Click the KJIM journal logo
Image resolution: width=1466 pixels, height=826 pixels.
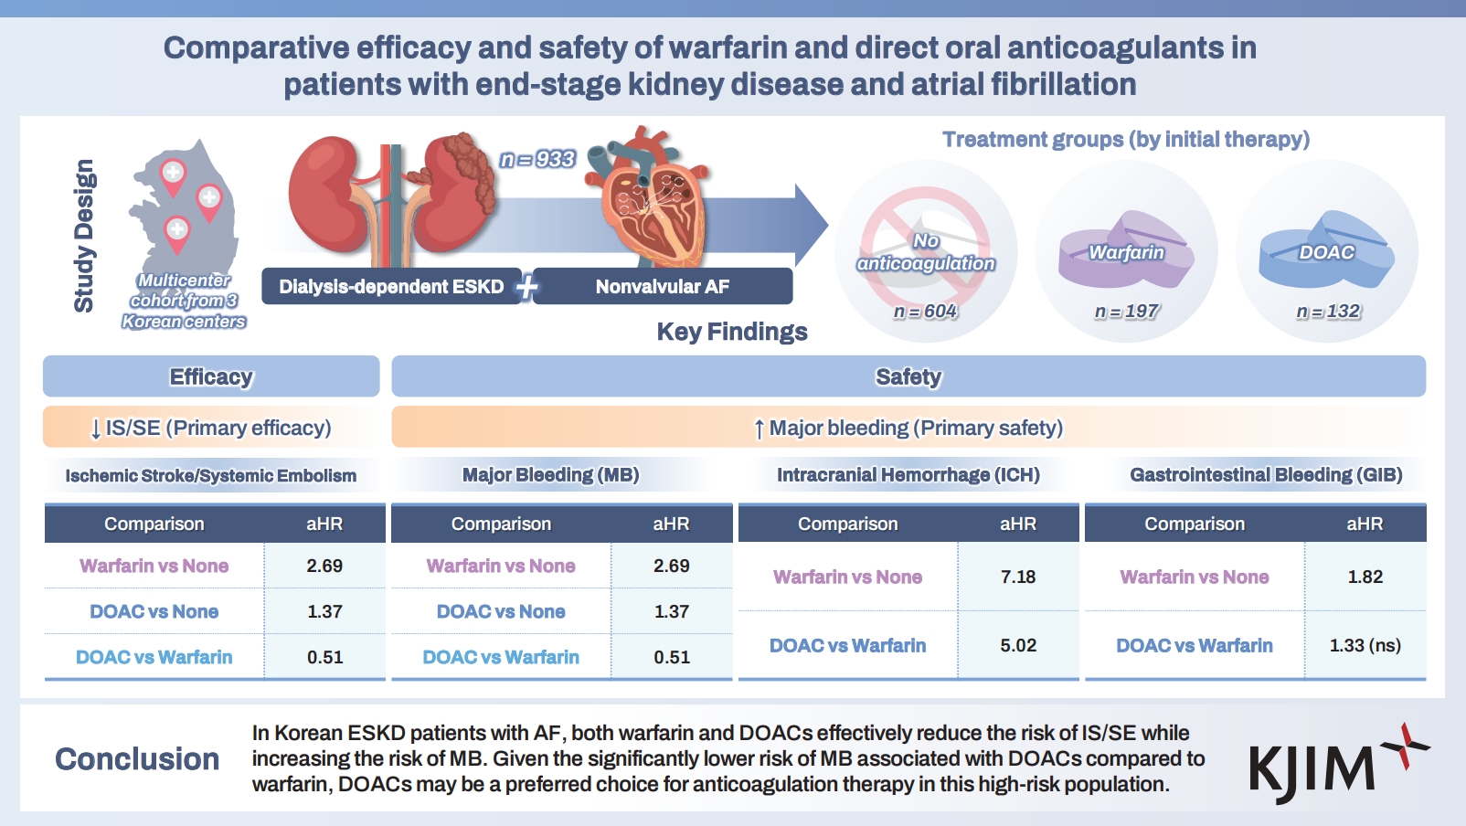[x=1334, y=762]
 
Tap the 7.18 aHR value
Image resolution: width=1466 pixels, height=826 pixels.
[x=1017, y=577]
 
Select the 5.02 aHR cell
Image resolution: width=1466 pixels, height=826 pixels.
[x=1017, y=645]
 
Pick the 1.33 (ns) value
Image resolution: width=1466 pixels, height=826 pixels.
[x=1365, y=645]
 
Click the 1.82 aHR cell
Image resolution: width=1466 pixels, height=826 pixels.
[x=1365, y=577]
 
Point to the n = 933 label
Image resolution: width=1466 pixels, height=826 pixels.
[x=537, y=159]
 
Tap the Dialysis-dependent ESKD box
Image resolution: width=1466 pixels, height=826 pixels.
[x=391, y=286]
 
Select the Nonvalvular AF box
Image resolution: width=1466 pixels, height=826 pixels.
[x=663, y=286]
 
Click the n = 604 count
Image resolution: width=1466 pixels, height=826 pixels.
[x=925, y=312]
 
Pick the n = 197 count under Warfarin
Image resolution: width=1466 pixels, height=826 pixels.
[x=1126, y=312]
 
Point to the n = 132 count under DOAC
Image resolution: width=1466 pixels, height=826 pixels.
[x=1327, y=312]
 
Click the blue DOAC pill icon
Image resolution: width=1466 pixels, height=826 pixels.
[x=1326, y=251]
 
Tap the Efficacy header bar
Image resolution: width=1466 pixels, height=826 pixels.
[x=211, y=376]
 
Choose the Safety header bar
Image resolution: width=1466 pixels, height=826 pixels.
[x=908, y=376]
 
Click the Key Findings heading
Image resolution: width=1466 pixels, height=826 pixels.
[x=732, y=332]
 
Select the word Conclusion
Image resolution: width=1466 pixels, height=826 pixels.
[x=137, y=759]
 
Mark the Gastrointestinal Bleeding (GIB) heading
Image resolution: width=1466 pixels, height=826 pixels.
[x=1266, y=475]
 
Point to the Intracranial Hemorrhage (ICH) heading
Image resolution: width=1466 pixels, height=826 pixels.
[x=908, y=475]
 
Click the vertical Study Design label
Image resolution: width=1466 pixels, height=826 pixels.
[x=84, y=236]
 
